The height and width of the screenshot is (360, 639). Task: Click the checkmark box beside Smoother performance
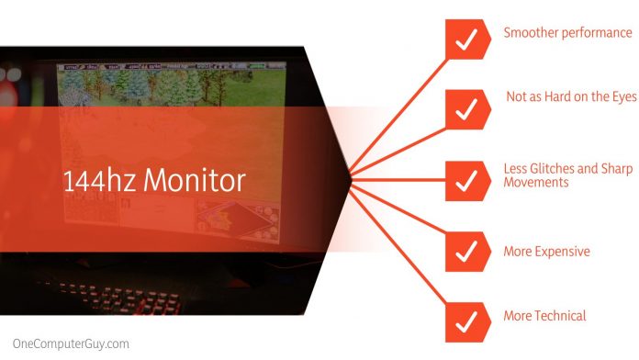[x=465, y=39]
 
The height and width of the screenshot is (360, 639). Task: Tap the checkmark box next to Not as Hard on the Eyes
[x=465, y=108]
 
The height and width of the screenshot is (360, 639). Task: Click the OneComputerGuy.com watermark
[x=66, y=343]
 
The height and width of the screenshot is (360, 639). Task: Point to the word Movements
[x=537, y=182]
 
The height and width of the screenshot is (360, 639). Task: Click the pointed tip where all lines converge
[x=351, y=176]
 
